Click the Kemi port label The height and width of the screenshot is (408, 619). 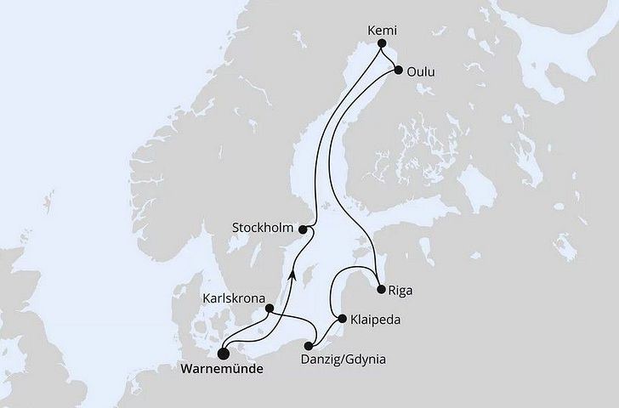coord(381,28)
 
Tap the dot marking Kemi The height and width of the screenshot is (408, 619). coord(381,44)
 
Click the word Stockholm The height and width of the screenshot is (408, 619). coord(266,228)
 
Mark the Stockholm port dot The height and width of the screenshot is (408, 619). coord(304,229)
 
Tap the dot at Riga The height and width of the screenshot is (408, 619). coord(381,288)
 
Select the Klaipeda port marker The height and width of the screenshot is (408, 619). coord(342,320)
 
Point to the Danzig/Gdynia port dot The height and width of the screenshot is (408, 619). coord(309,345)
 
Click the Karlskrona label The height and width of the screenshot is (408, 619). coord(231,298)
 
